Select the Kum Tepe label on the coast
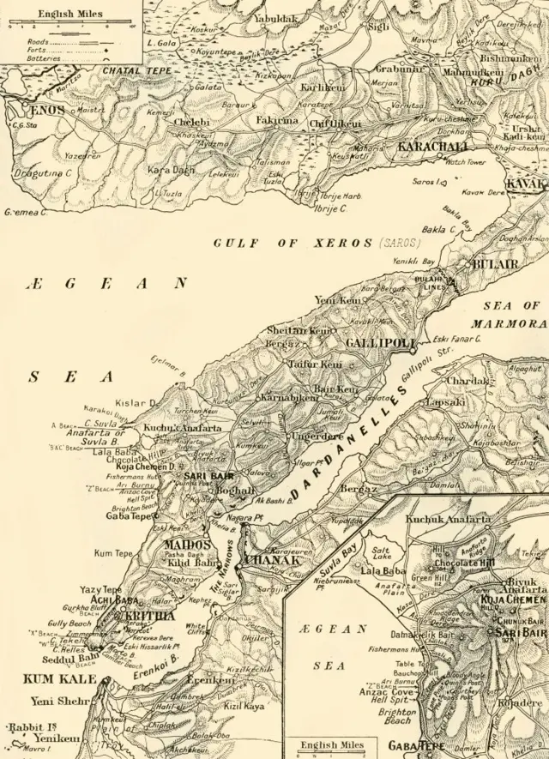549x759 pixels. [x=115, y=553]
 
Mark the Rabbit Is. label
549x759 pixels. [x=27, y=728]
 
